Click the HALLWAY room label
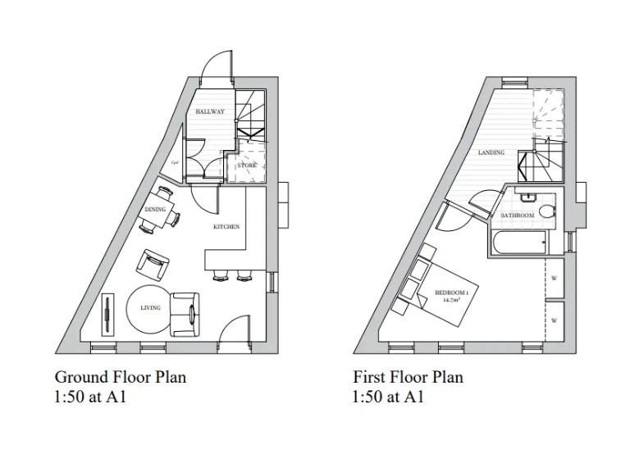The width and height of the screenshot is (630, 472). [x=210, y=111]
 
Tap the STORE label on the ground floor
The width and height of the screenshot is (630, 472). [x=247, y=166]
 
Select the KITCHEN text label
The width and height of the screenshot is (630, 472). [x=226, y=226]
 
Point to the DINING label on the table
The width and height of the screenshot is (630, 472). [x=155, y=209]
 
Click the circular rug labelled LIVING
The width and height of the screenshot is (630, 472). [x=149, y=308]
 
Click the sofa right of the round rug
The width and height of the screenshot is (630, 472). [x=185, y=313]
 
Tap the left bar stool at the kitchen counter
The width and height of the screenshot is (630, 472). [x=220, y=275]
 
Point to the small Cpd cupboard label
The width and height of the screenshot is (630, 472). [x=175, y=162]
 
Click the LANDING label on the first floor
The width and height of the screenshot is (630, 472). [x=491, y=152]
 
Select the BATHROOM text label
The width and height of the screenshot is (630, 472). [x=518, y=215]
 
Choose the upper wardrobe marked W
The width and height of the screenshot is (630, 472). [x=555, y=279]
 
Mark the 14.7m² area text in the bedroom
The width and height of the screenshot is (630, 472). [x=451, y=301]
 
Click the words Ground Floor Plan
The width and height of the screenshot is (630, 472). [x=120, y=377]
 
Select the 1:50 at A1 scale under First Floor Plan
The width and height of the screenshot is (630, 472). [x=388, y=397]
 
